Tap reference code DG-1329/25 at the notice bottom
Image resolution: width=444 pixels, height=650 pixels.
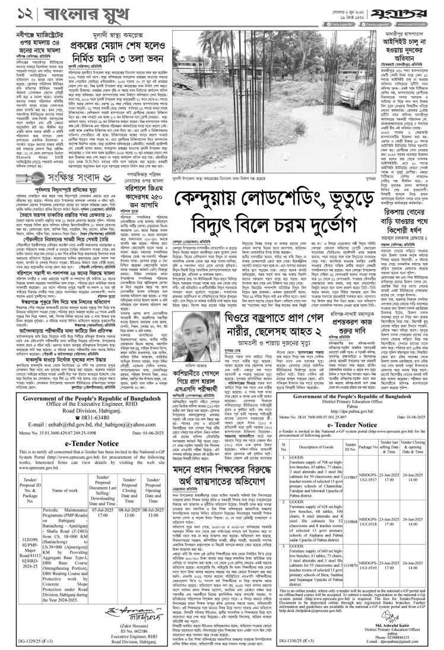25,642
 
